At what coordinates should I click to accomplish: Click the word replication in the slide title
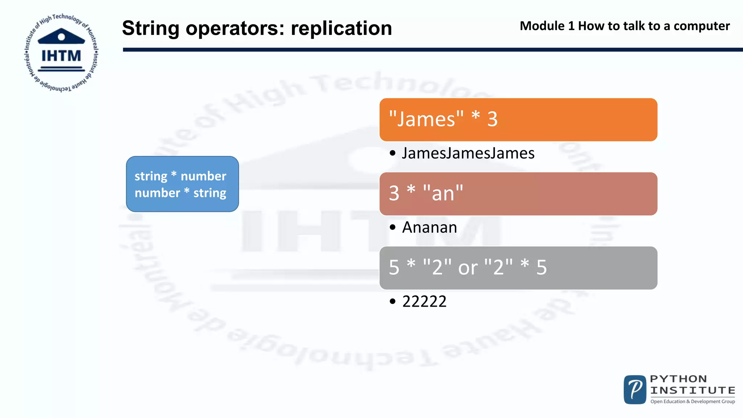tap(341, 28)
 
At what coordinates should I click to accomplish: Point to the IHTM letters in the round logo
tap(61, 56)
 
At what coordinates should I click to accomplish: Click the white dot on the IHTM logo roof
tap(61, 37)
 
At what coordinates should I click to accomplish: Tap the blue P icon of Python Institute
tap(635, 390)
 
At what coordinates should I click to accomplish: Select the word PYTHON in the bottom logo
tap(678, 379)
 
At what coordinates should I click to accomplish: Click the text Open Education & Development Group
tap(693, 401)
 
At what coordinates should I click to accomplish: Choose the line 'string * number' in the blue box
tap(180, 176)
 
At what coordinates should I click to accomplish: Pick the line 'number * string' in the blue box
tap(180, 193)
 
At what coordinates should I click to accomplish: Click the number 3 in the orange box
tap(492, 119)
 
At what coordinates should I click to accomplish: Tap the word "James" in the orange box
tap(426, 119)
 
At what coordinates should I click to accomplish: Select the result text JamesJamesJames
tap(468, 153)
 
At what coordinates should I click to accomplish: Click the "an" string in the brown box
tap(443, 193)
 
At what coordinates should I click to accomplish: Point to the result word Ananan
tap(430, 228)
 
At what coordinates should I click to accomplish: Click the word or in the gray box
tap(468, 268)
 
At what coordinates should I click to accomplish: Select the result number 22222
tap(424, 302)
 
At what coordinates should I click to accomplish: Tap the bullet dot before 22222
tap(393, 302)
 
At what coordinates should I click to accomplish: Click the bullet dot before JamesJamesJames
tap(393, 153)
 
